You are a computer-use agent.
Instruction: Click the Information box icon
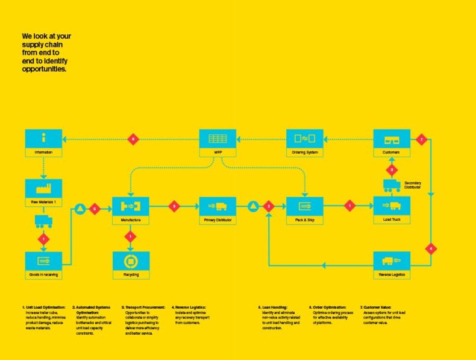(x=43, y=139)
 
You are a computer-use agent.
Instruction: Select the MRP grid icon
(x=218, y=139)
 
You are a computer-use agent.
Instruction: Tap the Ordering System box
(x=304, y=143)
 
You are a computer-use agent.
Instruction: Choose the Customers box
(x=391, y=143)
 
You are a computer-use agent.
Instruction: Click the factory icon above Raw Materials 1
(x=43, y=188)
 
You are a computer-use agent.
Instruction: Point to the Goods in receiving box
(x=43, y=266)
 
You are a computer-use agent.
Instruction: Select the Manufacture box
(x=131, y=210)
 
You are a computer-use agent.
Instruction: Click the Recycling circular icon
(x=131, y=262)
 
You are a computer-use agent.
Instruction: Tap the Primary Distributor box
(x=218, y=210)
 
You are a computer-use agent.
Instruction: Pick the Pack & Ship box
(x=304, y=210)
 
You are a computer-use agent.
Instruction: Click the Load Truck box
(x=391, y=210)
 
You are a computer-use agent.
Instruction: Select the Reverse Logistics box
(x=391, y=266)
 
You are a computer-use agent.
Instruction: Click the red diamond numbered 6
(x=134, y=140)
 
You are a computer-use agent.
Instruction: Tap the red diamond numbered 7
(x=422, y=140)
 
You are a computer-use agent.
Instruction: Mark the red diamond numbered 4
(x=431, y=248)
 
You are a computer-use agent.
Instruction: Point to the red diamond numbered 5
(x=94, y=209)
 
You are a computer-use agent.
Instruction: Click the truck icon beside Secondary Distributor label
(x=392, y=186)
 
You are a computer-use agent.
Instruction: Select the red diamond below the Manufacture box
(x=131, y=236)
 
